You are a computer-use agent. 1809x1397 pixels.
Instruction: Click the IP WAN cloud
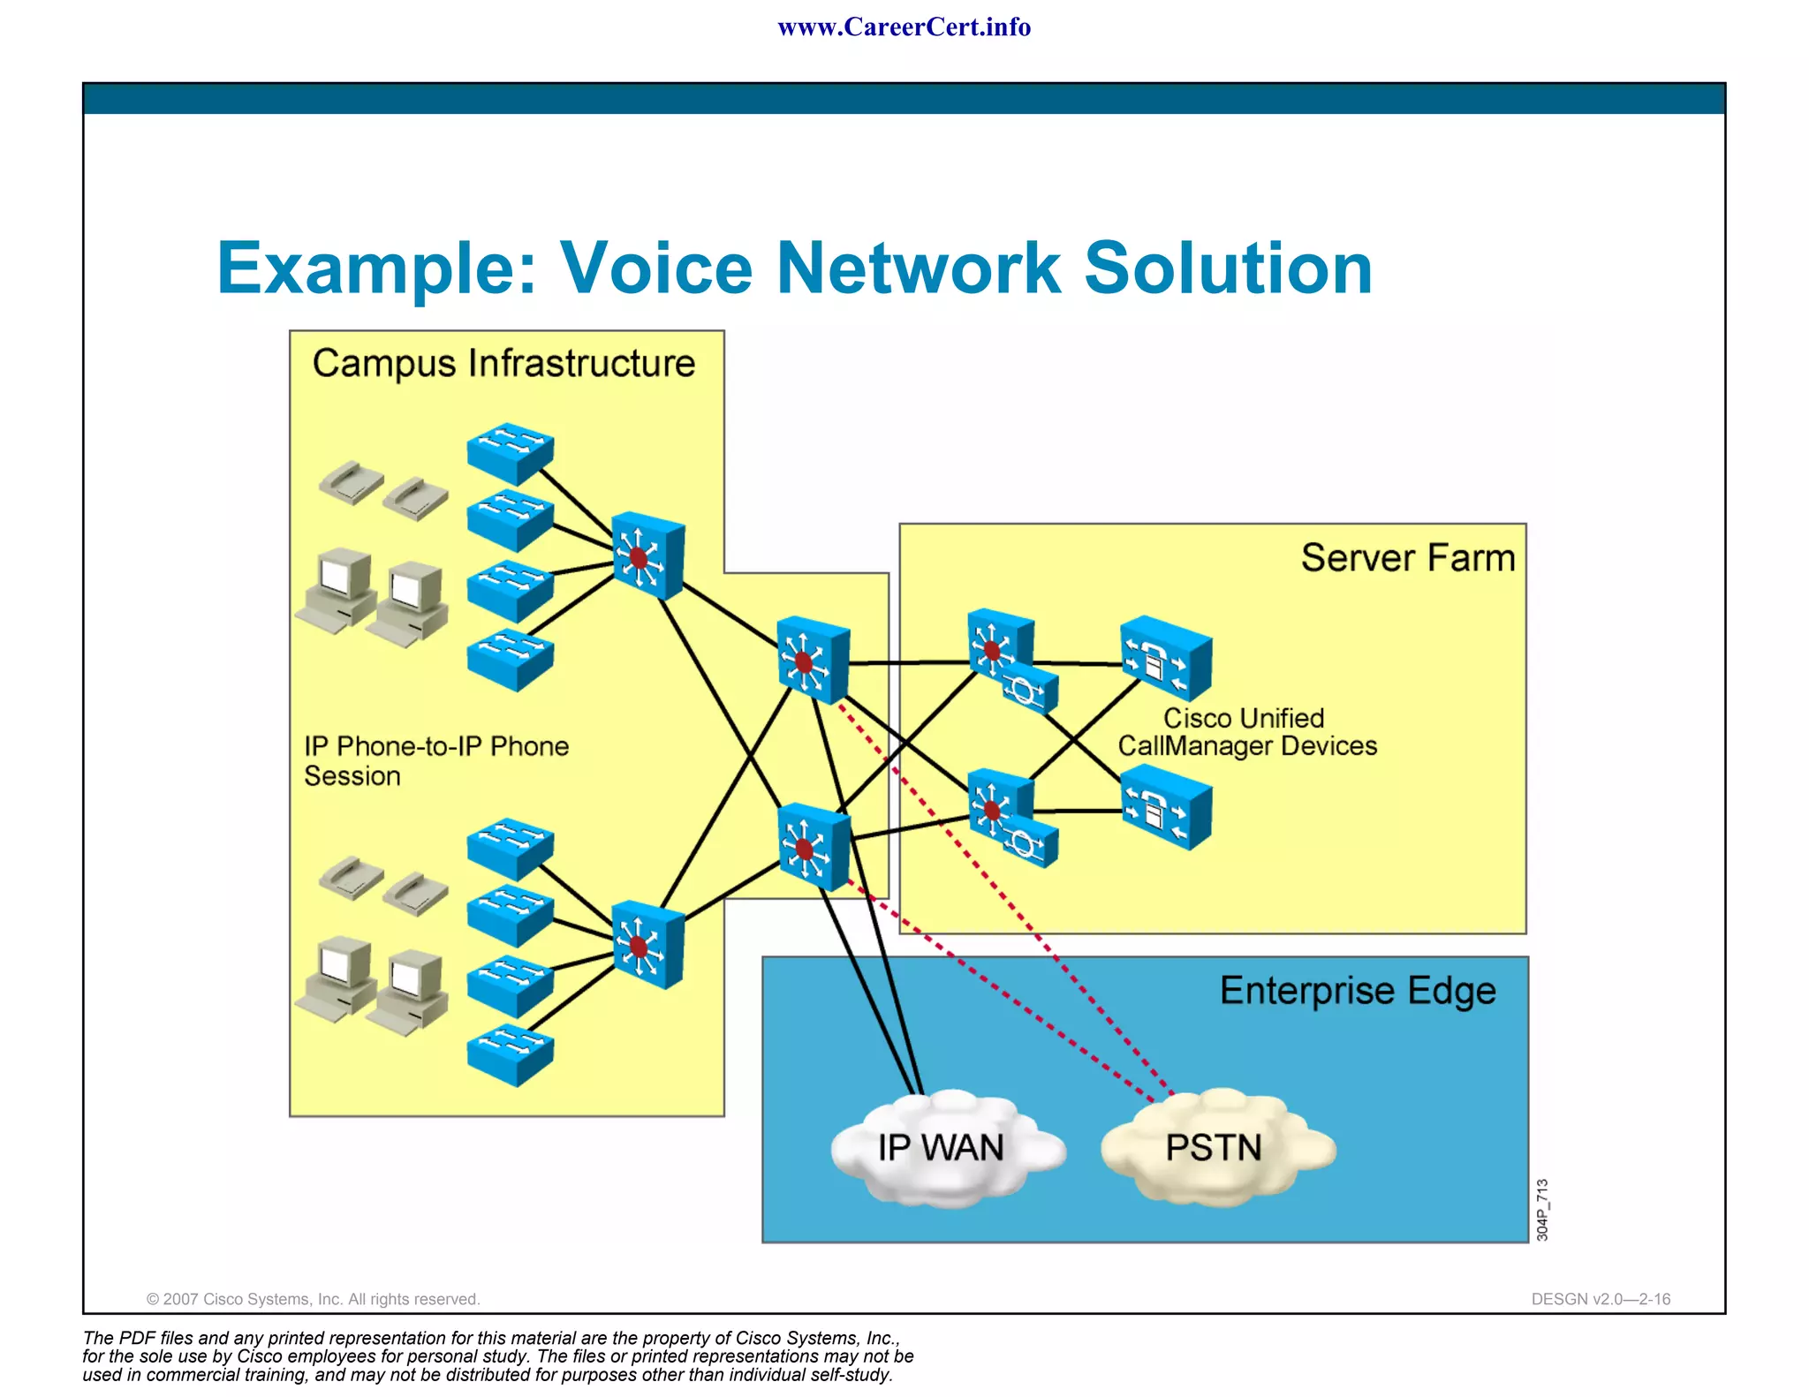(x=942, y=1148)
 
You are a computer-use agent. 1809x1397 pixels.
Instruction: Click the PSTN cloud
(x=1215, y=1148)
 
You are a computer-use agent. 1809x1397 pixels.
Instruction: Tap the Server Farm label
(x=1407, y=558)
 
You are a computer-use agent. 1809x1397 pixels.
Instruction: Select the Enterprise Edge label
(x=1358, y=991)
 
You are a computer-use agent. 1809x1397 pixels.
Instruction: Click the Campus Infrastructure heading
(x=503, y=364)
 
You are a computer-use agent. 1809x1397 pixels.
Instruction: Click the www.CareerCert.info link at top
(x=904, y=26)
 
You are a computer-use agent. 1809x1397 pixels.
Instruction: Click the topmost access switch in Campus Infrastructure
(x=511, y=452)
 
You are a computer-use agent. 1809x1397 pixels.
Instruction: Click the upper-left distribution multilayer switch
(x=647, y=555)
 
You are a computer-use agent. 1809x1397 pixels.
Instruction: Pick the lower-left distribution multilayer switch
(x=647, y=944)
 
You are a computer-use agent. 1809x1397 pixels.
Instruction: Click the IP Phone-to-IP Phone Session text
(x=435, y=760)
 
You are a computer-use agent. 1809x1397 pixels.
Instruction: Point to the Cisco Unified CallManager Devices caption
(x=1246, y=732)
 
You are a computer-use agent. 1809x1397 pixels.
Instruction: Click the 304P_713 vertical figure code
(x=1542, y=1209)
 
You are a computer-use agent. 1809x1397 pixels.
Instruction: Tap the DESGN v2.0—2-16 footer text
(x=1601, y=1299)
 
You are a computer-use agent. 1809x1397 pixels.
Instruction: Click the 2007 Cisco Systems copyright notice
(x=313, y=1299)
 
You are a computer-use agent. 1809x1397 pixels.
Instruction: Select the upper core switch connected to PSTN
(x=813, y=660)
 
